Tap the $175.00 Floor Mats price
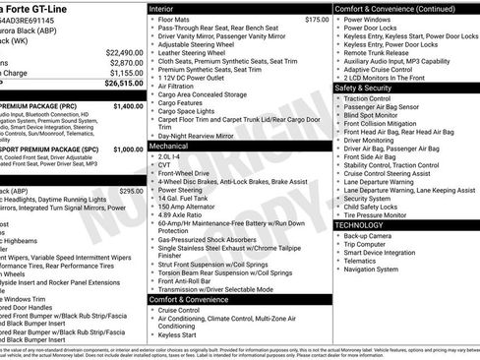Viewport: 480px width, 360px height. (x=316, y=19)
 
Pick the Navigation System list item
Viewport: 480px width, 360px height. (x=378, y=269)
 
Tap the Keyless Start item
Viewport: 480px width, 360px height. (x=178, y=334)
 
